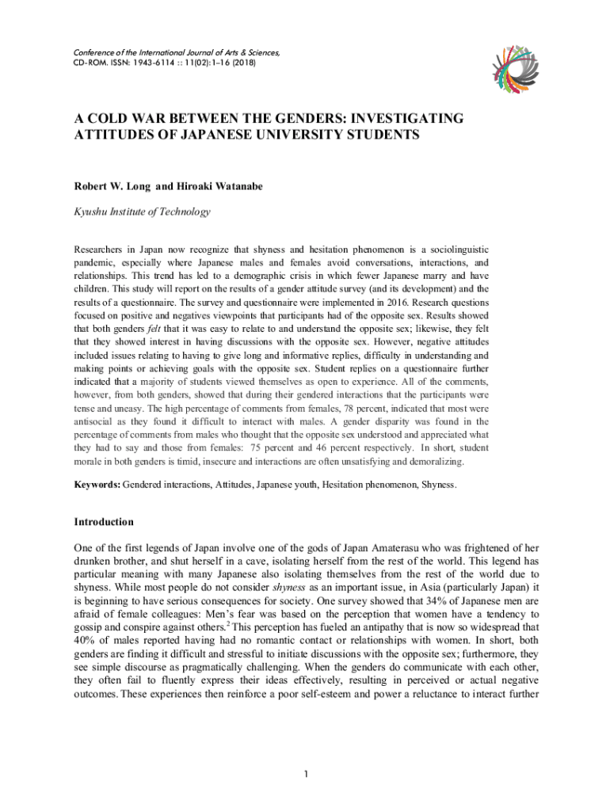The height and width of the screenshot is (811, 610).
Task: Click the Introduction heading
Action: point(104,522)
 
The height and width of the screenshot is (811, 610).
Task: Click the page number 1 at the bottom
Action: point(306,773)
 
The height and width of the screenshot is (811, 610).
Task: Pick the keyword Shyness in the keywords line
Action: point(439,483)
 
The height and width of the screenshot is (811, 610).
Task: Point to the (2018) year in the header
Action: point(242,63)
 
